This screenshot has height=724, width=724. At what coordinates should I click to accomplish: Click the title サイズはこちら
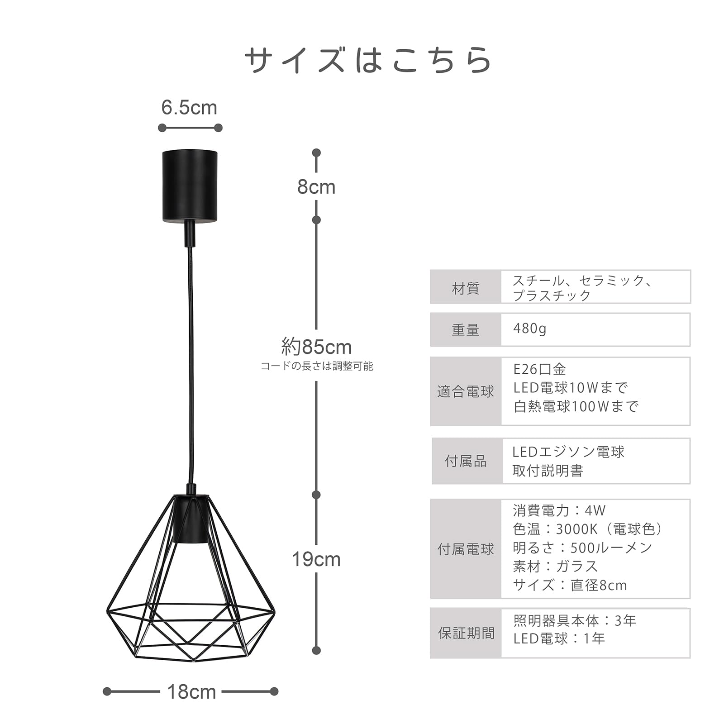tap(367, 60)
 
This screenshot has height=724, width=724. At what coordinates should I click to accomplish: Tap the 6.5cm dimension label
tap(189, 108)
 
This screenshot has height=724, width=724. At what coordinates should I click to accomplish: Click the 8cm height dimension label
tap(316, 187)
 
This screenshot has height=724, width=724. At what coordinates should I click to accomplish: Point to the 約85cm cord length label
tap(316, 347)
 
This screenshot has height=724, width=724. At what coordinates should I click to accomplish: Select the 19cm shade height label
tap(316, 559)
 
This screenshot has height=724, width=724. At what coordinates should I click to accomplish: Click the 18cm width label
tap(191, 692)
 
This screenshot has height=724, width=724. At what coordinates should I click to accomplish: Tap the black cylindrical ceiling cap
tap(190, 186)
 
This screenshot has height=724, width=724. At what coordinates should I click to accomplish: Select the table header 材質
tap(465, 288)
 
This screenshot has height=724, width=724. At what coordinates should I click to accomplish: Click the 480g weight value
tap(529, 329)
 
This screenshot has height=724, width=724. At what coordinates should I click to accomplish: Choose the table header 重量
tap(465, 330)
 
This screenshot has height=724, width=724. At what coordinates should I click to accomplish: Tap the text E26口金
tap(539, 369)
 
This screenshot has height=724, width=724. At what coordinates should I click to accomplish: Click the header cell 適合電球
tap(465, 391)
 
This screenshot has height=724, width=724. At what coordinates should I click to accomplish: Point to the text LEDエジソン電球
tap(568, 452)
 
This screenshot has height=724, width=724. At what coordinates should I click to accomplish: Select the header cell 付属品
tap(466, 461)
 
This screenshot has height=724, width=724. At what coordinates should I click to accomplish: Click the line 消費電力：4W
tap(559, 510)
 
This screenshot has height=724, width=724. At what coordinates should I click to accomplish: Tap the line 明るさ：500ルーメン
tap(582, 548)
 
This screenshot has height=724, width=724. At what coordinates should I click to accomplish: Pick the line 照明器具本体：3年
tap(575, 620)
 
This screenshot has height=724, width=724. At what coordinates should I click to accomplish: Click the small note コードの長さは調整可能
tap(316, 366)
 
